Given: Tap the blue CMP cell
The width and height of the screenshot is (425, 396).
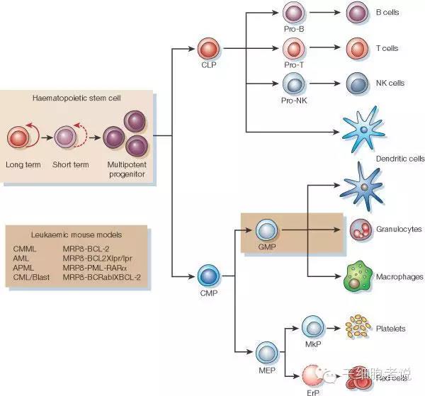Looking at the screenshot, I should tap(207, 274).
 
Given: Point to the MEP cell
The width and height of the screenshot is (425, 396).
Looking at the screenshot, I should tap(266, 351).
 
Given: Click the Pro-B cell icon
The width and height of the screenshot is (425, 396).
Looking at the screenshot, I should tap(292, 12).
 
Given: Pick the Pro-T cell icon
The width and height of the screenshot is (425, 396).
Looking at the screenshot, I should tap(292, 48).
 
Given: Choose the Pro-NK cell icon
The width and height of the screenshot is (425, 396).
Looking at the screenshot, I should tap(292, 83).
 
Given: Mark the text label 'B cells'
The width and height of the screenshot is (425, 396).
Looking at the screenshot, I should tap(387, 13).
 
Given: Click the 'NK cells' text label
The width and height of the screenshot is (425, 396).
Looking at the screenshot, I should tap(390, 83).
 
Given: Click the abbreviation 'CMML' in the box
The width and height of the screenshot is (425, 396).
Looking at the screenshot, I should tap(24, 249).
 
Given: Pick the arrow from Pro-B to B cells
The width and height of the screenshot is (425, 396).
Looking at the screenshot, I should tap(324, 13).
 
